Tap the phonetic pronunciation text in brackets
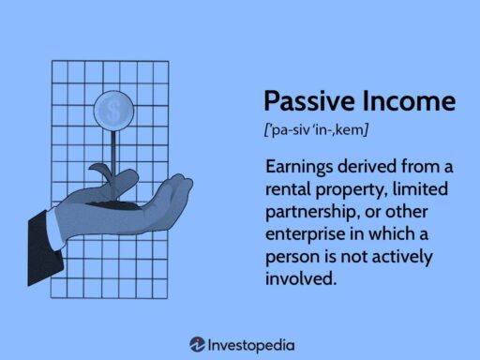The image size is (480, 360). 315,128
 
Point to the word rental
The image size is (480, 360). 292,188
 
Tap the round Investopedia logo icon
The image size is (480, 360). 198,344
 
